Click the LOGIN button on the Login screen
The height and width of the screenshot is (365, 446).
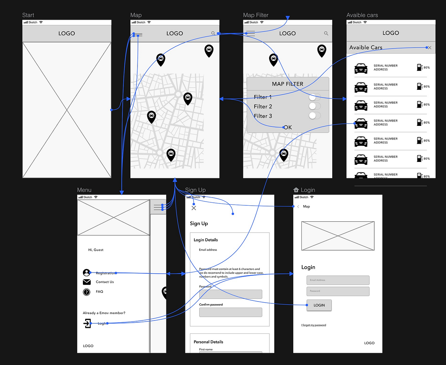tap(319, 305)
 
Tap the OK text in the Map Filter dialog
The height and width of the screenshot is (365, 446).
tap(288, 127)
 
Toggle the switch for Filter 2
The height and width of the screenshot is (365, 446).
tap(314, 106)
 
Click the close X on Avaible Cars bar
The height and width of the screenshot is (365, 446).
tap(430, 48)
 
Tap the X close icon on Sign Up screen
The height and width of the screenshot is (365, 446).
tap(194, 208)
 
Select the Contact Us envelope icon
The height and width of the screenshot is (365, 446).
tap(87, 282)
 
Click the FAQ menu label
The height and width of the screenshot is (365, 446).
tap(99, 291)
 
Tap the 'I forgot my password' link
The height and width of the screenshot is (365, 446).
tap(313, 325)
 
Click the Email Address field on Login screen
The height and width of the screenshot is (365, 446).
tap(338, 280)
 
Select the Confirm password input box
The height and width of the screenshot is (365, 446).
tap(230, 312)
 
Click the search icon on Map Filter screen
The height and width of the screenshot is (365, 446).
tap(326, 33)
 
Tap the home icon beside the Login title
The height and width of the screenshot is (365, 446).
tap(296, 190)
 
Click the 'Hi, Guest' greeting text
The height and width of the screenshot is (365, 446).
tap(96, 250)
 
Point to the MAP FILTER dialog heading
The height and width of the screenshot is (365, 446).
tap(288, 84)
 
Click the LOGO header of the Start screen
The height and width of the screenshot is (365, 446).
tap(67, 33)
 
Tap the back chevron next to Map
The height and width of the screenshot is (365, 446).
tap(298, 206)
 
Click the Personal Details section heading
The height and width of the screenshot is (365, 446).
tap(209, 342)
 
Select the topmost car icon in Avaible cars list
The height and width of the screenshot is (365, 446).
tap(361, 68)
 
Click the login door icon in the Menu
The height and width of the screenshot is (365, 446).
tap(87, 323)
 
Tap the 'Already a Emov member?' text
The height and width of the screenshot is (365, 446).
tap(104, 313)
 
